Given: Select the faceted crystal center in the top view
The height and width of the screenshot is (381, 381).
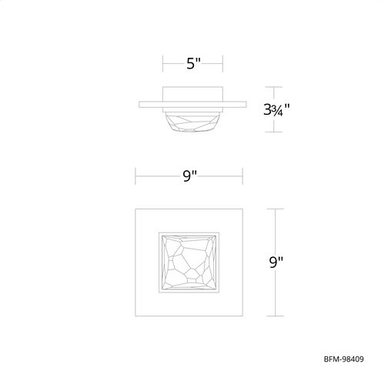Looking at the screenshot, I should coord(190,262).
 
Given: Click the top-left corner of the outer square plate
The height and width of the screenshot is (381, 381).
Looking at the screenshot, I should coord(137,208).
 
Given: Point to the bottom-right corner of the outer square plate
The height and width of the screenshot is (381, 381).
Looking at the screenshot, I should coord(244,316).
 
